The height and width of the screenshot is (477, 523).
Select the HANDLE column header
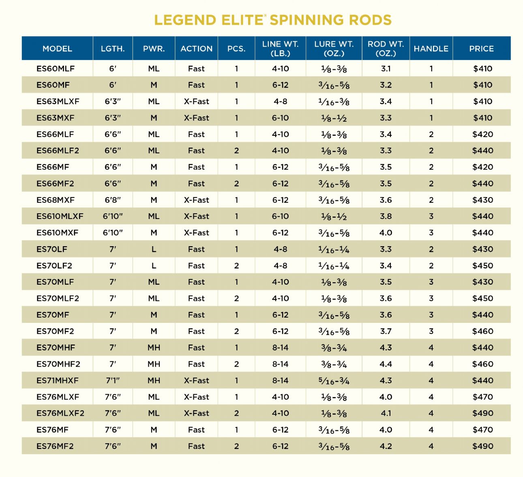pyautogui.click(x=431, y=49)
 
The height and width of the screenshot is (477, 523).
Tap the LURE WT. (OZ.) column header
pyautogui.click(x=334, y=49)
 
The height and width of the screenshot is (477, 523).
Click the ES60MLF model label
pyautogui.click(x=56, y=69)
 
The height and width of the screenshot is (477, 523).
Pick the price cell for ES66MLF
pyautogui.click(x=482, y=134)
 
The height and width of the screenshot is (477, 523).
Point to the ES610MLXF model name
pyautogui.click(x=60, y=216)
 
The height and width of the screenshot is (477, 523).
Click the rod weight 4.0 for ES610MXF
pyautogui.click(x=386, y=233)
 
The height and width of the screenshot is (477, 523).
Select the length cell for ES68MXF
pyautogui.click(x=113, y=200)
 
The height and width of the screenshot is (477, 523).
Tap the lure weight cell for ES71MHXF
pyautogui.click(x=334, y=380)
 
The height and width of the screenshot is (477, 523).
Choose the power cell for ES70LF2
pyautogui.click(x=154, y=266)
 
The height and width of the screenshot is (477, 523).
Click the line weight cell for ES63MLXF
pyautogui.click(x=280, y=101)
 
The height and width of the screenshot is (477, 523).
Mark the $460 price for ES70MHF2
pyautogui.click(x=482, y=364)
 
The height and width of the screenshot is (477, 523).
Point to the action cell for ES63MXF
pyautogui.click(x=196, y=118)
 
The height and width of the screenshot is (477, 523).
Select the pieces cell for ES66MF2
pyautogui.click(x=236, y=183)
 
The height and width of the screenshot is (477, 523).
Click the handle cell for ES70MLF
pyautogui.click(x=431, y=282)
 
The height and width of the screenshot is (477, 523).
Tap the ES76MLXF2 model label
pyautogui.click(x=60, y=413)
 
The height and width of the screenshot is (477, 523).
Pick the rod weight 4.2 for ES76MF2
pyautogui.click(x=386, y=446)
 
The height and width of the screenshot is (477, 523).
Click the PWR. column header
pyautogui.click(x=154, y=49)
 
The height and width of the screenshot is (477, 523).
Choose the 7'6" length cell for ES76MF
pyautogui.click(x=113, y=430)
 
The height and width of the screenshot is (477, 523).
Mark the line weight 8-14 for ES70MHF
pyautogui.click(x=280, y=348)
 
